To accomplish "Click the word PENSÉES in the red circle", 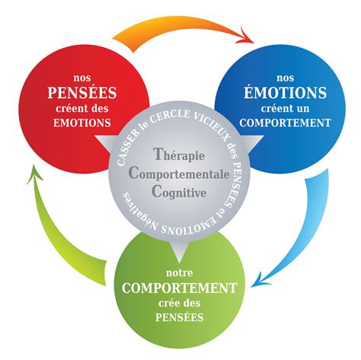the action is click(82, 92).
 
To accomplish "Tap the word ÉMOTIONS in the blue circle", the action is click(285, 92).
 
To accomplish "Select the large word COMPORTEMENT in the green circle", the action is click(179, 288).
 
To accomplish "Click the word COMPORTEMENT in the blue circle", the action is click(285, 123).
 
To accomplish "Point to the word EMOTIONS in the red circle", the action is click(82, 123).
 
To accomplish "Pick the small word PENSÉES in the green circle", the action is click(179, 317).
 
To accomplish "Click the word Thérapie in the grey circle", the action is click(179, 155).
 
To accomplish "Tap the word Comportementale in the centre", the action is click(179, 174).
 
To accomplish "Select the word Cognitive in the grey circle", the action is click(179, 192).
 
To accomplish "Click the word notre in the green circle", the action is click(179, 273).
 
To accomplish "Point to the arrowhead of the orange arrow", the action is click(246, 37).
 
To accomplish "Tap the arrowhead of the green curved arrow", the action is click(34, 173).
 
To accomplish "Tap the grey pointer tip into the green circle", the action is click(179, 263).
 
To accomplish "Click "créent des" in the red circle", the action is click(82, 109).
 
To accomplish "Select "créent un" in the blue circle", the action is click(285, 109).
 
